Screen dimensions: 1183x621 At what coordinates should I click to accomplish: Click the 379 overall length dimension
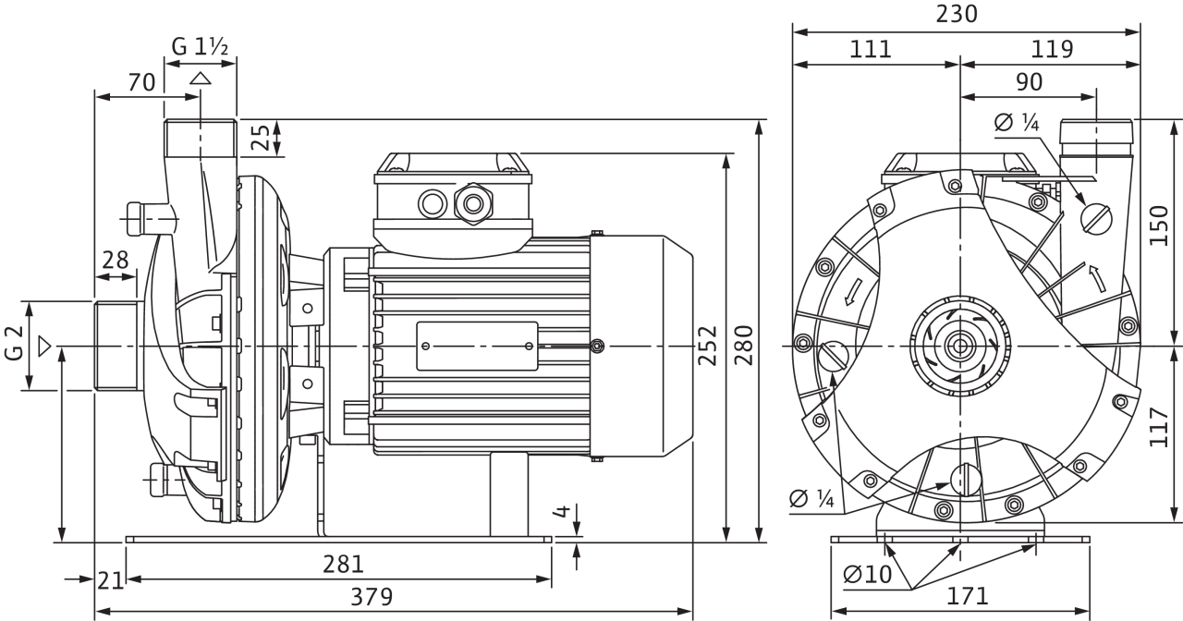pos(372,597)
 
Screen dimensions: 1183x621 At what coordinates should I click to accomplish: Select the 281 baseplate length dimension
pos(343,564)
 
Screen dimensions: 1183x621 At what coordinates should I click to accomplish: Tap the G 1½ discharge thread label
pos(200,47)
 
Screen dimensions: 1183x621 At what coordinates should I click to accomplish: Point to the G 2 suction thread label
pos(14,343)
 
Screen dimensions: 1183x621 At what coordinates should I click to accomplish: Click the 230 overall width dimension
pos(957,14)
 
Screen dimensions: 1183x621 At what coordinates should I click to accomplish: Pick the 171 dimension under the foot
pos(967,596)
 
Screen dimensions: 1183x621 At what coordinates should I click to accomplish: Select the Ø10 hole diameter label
pos(867,574)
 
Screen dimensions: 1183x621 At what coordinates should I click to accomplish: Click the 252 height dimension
pos(708,346)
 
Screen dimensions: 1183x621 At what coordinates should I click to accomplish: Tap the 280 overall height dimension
pos(744,345)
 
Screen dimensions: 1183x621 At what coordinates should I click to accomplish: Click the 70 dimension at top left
pos(141,82)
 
